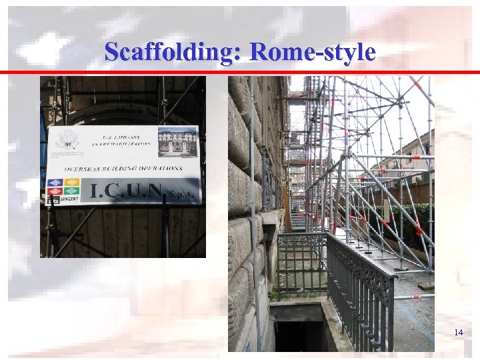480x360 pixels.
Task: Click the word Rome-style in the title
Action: (x=313, y=51)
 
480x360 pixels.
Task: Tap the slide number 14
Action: (x=458, y=332)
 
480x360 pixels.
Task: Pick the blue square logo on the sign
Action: (x=57, y=183)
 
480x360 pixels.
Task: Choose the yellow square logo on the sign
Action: (x=73, y=182)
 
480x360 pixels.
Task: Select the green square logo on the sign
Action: (x=73, y=191)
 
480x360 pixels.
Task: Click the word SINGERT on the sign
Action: (x=69, y=199)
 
